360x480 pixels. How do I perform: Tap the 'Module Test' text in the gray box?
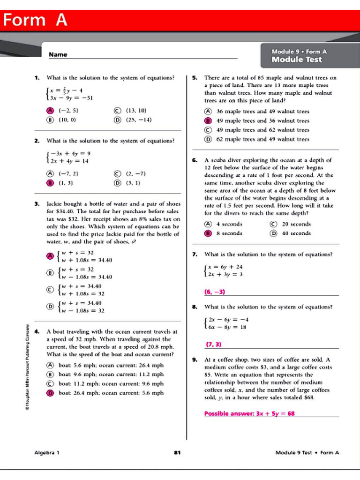297,60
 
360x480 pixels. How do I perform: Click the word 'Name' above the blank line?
58,54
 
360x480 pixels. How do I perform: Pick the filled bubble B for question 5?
208,121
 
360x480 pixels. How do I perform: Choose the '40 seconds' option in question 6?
296,233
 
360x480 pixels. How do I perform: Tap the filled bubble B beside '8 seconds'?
208,233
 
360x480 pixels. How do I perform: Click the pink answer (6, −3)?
215,292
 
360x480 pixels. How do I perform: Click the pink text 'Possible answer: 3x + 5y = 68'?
249,414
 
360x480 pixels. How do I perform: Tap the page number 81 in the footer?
177,452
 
